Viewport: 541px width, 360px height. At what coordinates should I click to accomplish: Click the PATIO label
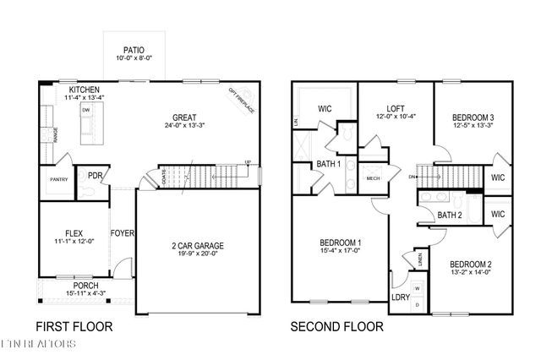coord(134,49)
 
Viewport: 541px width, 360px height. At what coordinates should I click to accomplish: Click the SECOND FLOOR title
coord(336,325)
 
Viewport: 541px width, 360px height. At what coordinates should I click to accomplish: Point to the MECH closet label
coord(372,178)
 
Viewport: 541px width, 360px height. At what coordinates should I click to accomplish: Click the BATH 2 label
coord(448,215)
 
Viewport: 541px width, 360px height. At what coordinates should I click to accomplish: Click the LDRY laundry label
coord(399,297)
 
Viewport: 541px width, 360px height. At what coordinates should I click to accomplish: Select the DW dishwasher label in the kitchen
coord(85,111)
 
